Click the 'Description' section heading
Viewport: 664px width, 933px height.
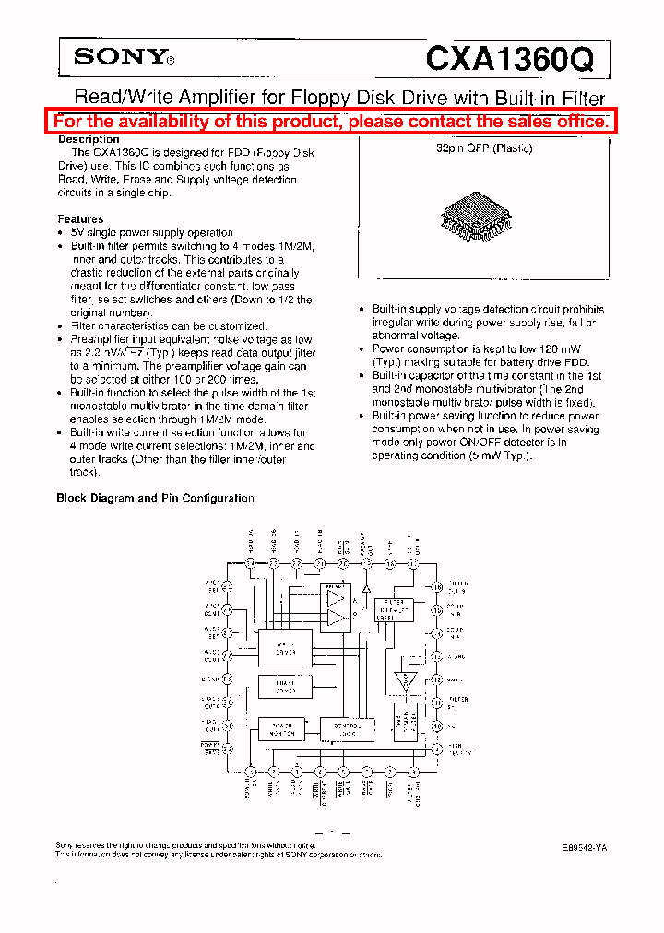point(89,139)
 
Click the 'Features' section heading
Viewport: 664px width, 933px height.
point(80,219)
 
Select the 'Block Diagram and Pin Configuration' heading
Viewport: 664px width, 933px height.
point(155,498)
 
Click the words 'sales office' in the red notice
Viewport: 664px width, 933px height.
point(562,122)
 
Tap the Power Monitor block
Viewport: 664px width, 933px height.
point(282,729)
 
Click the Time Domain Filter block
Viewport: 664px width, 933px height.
point(405,722)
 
